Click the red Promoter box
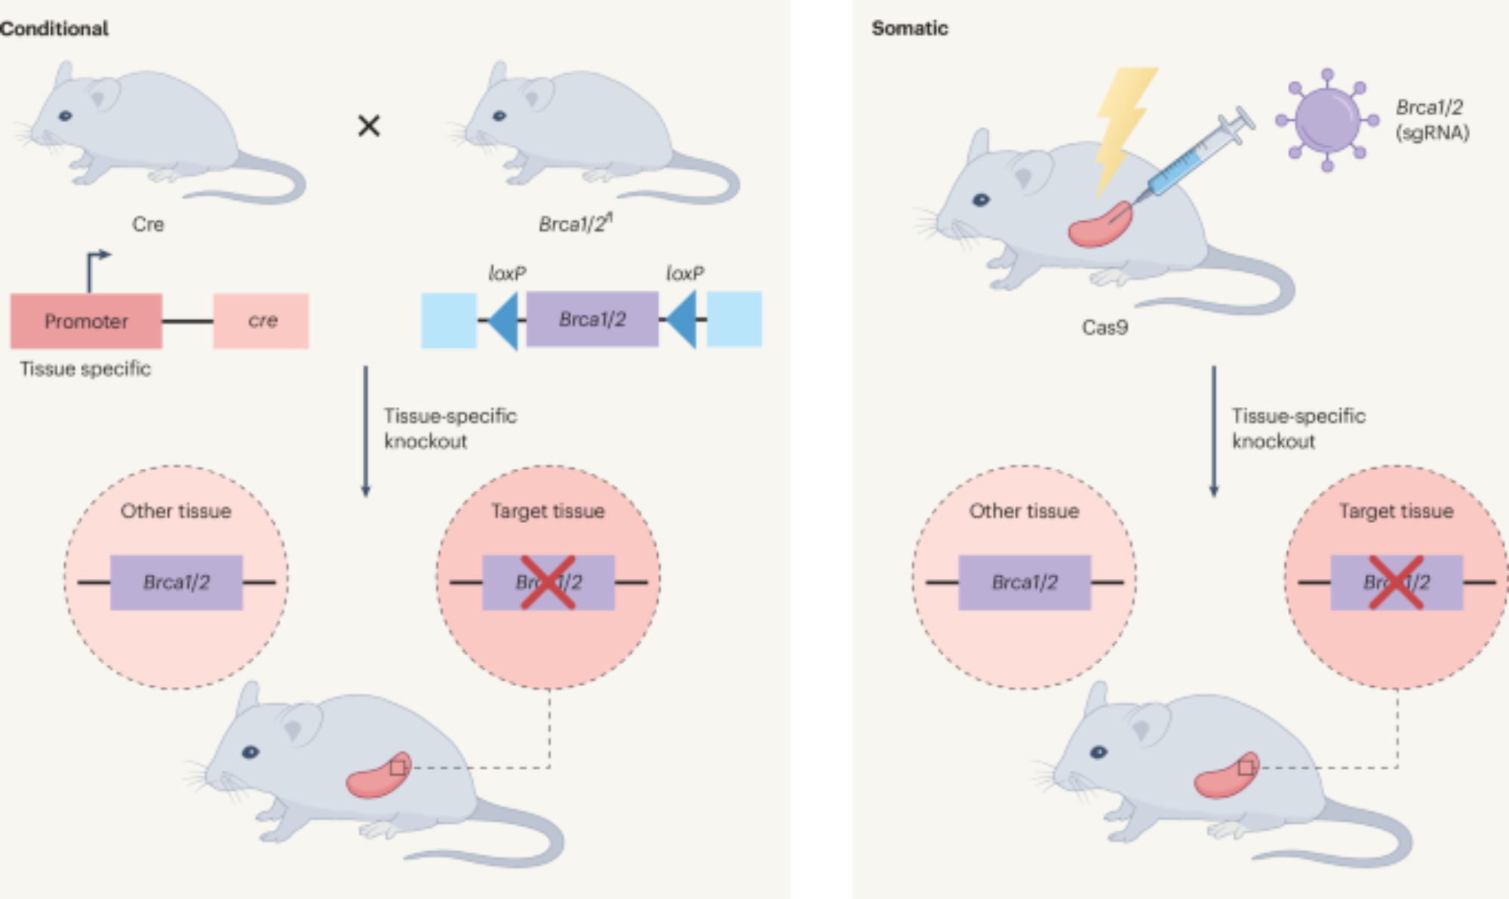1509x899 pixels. coord(86,321)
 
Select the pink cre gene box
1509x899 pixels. coord(261,321)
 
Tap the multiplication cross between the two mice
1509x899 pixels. coord(369,125)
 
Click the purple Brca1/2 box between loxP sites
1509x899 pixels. coord(592,319)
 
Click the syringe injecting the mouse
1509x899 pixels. coord(1196,155)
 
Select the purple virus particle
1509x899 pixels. coord(1326,120)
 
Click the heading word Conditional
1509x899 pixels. coord(54,29)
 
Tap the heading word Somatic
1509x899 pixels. coord(910,29)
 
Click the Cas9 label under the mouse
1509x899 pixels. coord(1105,327)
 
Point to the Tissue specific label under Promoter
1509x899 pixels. coord(85,368)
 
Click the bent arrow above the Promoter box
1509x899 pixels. coord(95,268)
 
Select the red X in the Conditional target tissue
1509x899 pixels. coord(549,582)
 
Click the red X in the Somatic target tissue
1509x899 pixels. coord(1397,582)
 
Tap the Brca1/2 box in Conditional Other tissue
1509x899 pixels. coord(177,582)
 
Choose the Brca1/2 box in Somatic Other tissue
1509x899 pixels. coord(1025,582)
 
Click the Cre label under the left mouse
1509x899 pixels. coord(148,224)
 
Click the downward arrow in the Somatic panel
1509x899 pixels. coord(1214,430)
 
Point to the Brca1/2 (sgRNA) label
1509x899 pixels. coord(1431,120)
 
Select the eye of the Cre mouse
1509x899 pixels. coord(66,115)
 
